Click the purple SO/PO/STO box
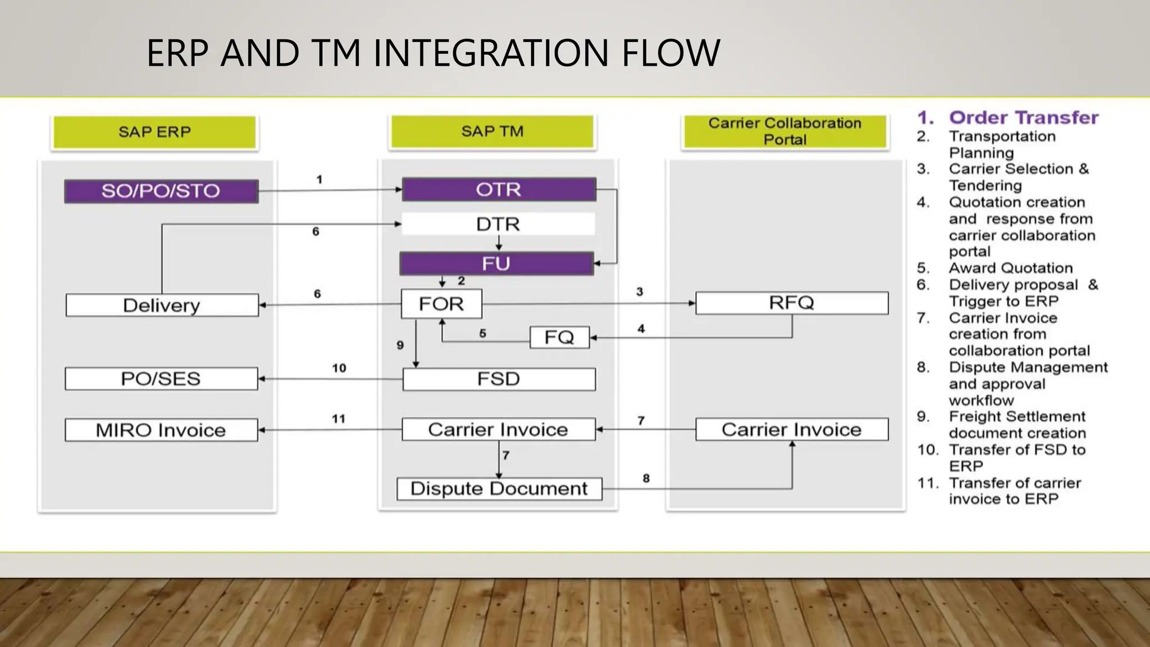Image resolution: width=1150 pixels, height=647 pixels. tap(161, 191)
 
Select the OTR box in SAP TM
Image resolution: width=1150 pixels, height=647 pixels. tap(499, 189)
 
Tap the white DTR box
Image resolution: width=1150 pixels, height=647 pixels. tap(498, 224)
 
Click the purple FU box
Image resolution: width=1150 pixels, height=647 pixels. tap(496, 263)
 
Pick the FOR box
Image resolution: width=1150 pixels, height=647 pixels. tap(441, 304)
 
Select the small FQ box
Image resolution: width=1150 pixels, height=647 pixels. tap(559, 337)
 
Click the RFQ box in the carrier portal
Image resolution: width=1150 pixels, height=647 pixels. tap(791, 303)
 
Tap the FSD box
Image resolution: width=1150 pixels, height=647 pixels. tap(499, 379)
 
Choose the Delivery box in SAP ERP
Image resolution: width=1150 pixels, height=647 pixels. tap(162, 305)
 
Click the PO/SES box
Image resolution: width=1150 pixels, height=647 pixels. tap(161, 379)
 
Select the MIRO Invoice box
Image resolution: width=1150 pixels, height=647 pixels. tap(161, 430)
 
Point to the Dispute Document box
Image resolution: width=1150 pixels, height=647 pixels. tap(499, 489)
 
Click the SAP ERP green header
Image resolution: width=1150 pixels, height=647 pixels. tap(154, 132)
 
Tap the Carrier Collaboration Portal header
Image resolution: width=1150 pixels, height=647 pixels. tap(784, 131)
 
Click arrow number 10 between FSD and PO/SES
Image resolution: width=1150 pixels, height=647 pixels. tap(331, 379)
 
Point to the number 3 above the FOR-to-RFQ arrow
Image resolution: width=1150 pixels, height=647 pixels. tap(639, 291)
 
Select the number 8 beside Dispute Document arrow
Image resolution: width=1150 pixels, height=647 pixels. tap(646, 479)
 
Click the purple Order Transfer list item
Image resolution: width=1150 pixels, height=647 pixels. tap(1023, 117)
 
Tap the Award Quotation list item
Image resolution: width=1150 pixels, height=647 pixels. tap(1010, 268)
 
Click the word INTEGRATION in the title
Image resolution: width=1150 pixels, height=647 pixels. tap(491, 53)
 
